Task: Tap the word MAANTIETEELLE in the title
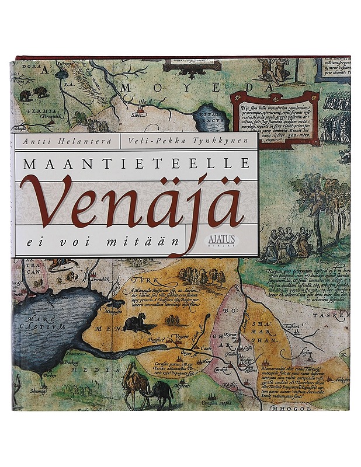tap(138, 164)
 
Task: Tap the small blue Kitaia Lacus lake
tap(209, 118)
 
